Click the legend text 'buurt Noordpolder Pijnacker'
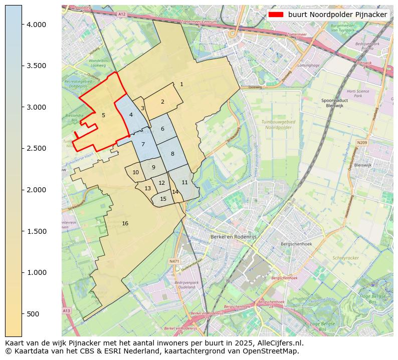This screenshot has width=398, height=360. (x=337, y=15)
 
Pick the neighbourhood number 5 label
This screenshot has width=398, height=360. (x=103, y=115)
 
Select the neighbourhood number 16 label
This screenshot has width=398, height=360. (x=125, y=223)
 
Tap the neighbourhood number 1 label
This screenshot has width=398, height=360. (x=181, y=84)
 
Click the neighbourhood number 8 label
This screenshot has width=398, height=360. (x=172, y=154)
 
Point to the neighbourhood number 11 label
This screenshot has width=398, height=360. (x=184, y=182)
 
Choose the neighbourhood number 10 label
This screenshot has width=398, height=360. (x=135, y=172)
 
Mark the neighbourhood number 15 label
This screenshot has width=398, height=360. (x=163, y=199)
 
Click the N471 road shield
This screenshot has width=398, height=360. (x=174, y=261)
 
